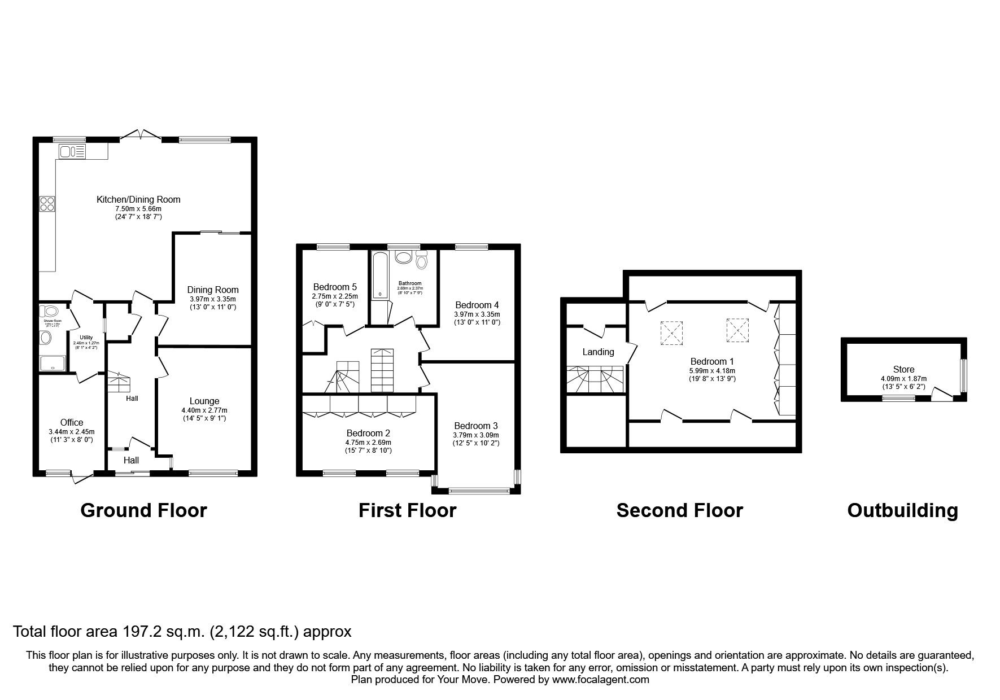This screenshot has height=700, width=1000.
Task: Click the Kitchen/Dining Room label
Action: click(138, 199)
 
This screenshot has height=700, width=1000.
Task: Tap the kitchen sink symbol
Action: click(72, 151)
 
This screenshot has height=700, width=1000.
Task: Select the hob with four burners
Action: click(46, 203)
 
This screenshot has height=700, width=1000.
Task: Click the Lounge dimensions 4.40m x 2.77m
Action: click(204, 410)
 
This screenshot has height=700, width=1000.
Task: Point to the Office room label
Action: click(72, 422)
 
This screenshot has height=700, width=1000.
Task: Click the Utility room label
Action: click(86, 337)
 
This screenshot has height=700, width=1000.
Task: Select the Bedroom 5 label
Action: click(335, 287)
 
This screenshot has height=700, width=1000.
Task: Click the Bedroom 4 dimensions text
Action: click(477, 314)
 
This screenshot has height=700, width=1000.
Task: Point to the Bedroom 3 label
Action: click(475, 426)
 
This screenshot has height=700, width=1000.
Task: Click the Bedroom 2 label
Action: click(369, 434)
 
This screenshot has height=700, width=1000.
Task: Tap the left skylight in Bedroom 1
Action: click(671, 333)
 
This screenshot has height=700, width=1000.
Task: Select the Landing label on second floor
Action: click(598, 352)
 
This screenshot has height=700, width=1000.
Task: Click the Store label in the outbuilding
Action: click(903, 370)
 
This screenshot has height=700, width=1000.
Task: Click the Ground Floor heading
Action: click(143, 510)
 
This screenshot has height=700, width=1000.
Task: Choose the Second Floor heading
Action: click(679, 510)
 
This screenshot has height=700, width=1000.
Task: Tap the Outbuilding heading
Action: click(902, 510)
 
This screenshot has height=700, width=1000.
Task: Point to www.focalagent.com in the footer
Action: click(600, 680)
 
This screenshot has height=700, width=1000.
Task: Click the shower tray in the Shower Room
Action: click(53, 362)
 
